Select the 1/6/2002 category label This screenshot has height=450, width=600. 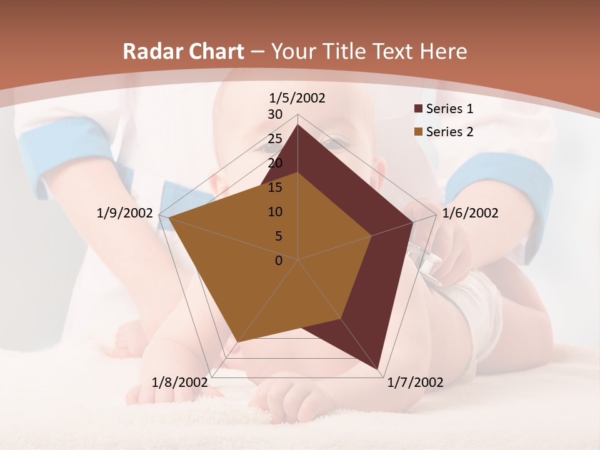coord(470,213)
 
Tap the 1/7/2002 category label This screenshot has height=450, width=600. coord(415,382)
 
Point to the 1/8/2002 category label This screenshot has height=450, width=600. coord(180,382)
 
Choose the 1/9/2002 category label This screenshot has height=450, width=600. coord(125,213)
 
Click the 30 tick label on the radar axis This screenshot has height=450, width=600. coord(275,114)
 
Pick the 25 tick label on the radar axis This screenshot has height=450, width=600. coord(275,139)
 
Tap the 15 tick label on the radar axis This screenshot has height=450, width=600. coord(275,187)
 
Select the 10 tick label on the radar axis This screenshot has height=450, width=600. coord(275,212)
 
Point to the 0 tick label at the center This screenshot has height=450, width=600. coord(279,261)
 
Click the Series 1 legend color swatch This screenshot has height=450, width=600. coord(419,109)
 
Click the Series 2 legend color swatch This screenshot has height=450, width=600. coord(419,132)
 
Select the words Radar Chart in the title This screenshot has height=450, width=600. coord(183,51)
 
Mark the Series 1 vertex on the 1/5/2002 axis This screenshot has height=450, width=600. coord(297,124)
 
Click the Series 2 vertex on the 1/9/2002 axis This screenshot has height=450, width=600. coord(169,218)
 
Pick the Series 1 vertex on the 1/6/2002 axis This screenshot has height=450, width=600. coord(412,222)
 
